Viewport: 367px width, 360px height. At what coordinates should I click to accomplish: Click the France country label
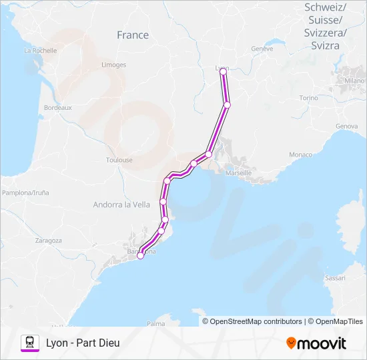133,35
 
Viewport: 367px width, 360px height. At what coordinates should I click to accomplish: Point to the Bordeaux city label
57,107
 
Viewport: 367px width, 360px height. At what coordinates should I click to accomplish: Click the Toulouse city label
119,160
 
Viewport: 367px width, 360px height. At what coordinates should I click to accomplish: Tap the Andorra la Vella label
121,205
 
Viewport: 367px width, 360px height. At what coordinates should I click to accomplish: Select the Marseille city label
239,173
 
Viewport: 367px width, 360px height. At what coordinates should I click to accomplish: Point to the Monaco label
300,155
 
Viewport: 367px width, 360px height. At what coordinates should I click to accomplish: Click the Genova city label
347,126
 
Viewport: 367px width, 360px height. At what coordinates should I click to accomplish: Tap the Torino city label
309,97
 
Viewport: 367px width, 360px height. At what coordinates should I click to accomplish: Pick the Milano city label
355,80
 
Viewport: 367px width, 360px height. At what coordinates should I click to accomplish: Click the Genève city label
262,49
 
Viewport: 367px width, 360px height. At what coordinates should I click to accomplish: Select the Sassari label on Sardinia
334,277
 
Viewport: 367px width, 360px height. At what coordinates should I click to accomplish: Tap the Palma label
155,323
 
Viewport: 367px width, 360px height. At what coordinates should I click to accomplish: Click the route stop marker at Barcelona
140,255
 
